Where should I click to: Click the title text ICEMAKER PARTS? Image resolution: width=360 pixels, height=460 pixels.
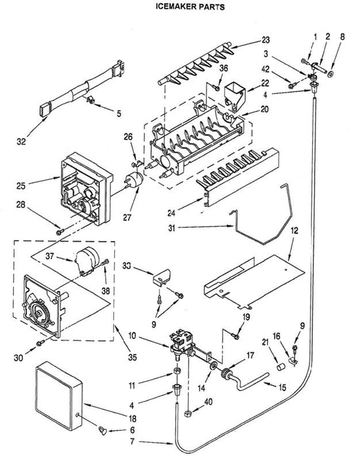190,7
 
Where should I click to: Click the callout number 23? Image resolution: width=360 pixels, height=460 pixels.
265,40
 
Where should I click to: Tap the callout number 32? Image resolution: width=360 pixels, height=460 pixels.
21,142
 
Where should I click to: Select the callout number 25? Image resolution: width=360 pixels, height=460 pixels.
21,186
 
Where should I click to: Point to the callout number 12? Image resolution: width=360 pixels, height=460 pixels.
294,230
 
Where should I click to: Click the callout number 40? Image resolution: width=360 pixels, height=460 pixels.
208,402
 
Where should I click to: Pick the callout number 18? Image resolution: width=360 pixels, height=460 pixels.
133,419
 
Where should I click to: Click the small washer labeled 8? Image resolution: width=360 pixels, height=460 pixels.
330,74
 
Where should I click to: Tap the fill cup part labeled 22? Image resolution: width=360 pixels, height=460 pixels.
235,97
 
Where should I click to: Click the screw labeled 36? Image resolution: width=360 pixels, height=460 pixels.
216,87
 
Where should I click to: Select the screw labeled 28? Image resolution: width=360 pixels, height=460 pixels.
60,232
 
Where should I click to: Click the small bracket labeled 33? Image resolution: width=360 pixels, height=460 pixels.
162,277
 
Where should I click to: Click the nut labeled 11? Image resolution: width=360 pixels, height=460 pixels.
177,370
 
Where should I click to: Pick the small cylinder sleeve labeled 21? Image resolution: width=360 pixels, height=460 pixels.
281,367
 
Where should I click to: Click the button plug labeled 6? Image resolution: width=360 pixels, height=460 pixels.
102,430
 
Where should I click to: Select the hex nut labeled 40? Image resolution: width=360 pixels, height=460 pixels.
188,413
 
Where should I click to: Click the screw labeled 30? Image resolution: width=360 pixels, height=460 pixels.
40,342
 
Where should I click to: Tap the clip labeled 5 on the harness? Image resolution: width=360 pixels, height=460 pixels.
91,100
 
